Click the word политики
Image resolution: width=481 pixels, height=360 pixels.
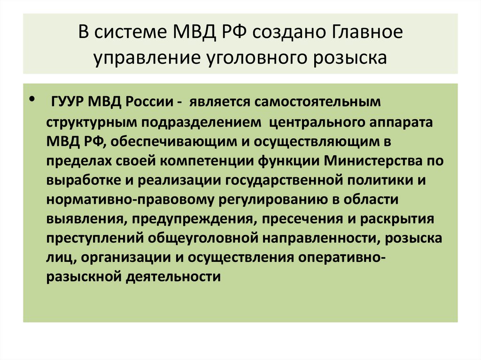coord(377,181)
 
